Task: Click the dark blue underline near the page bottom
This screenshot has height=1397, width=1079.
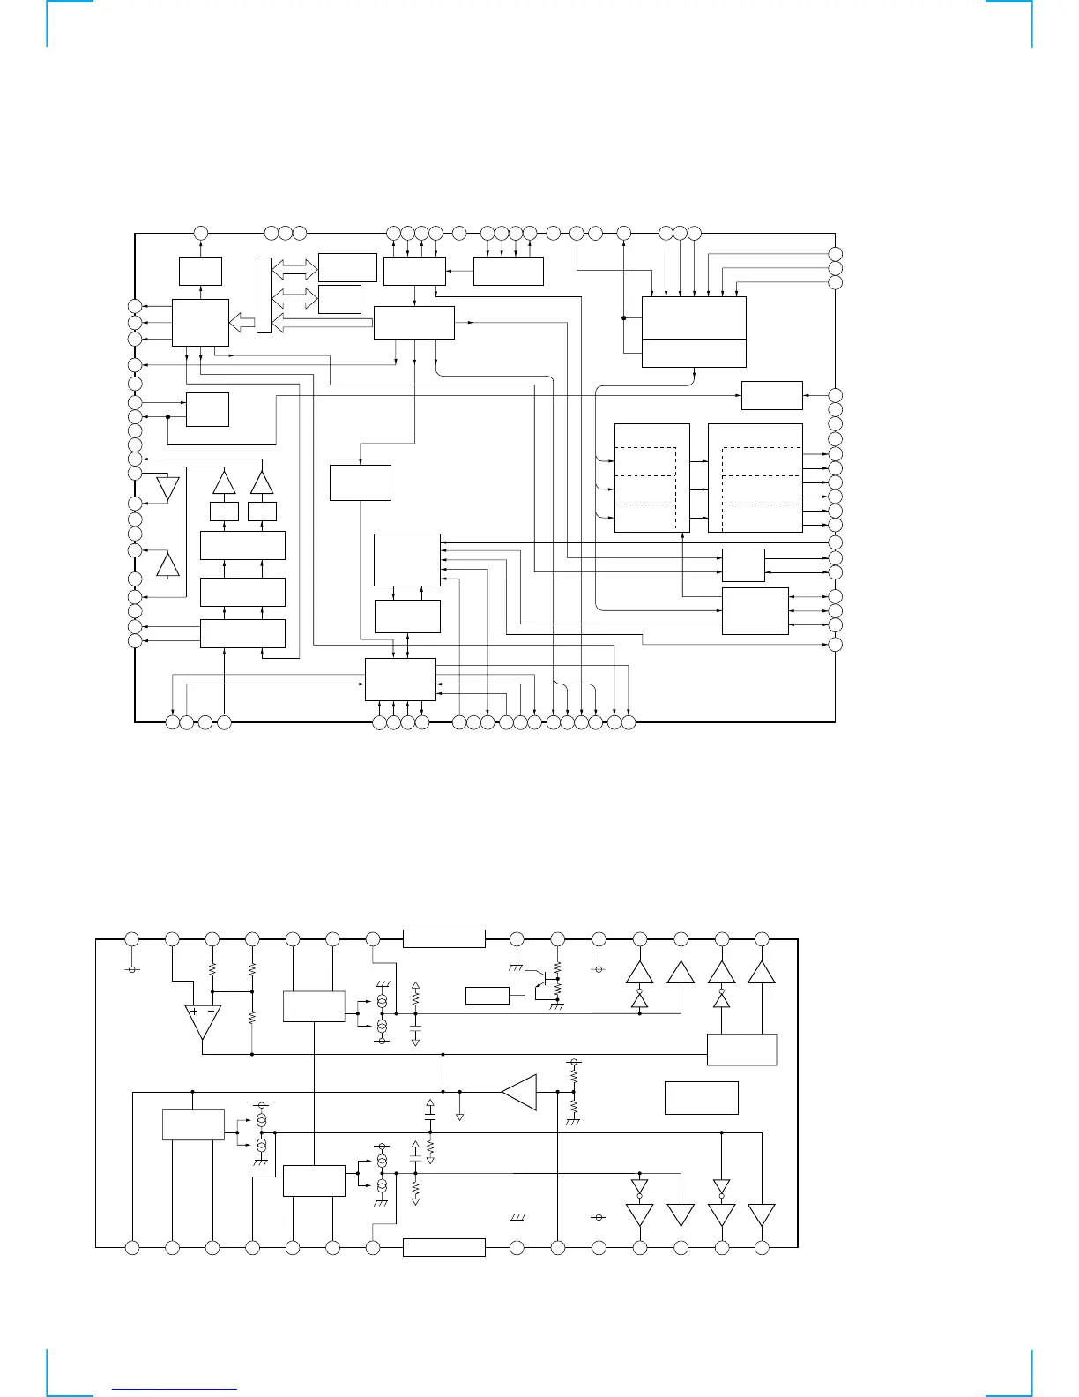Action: pos(175,1388)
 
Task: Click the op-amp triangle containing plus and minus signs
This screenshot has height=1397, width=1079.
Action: pos(202,1019)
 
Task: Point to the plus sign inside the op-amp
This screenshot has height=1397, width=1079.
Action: pos(194,1012)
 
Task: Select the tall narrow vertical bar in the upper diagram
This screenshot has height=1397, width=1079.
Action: pos(264,295)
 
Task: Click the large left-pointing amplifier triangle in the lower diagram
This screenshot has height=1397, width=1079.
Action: pos(520,1092)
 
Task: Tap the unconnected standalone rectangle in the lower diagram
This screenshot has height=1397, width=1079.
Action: pos(701,1097)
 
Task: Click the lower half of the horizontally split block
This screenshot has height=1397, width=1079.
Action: pos(694,353)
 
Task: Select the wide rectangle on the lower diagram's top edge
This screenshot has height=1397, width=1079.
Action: pos(443,938)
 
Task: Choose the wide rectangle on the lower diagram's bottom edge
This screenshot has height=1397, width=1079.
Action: pos(443,1247)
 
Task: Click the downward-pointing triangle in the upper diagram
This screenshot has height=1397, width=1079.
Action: pos(167,487)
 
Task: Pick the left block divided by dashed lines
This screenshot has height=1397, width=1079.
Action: pos(651,477)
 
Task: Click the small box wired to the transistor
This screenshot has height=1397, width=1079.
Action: pos(487,996)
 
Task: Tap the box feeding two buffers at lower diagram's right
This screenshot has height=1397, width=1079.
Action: pos(742,1050)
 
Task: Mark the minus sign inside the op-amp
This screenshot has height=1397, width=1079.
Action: pos(210,1012)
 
